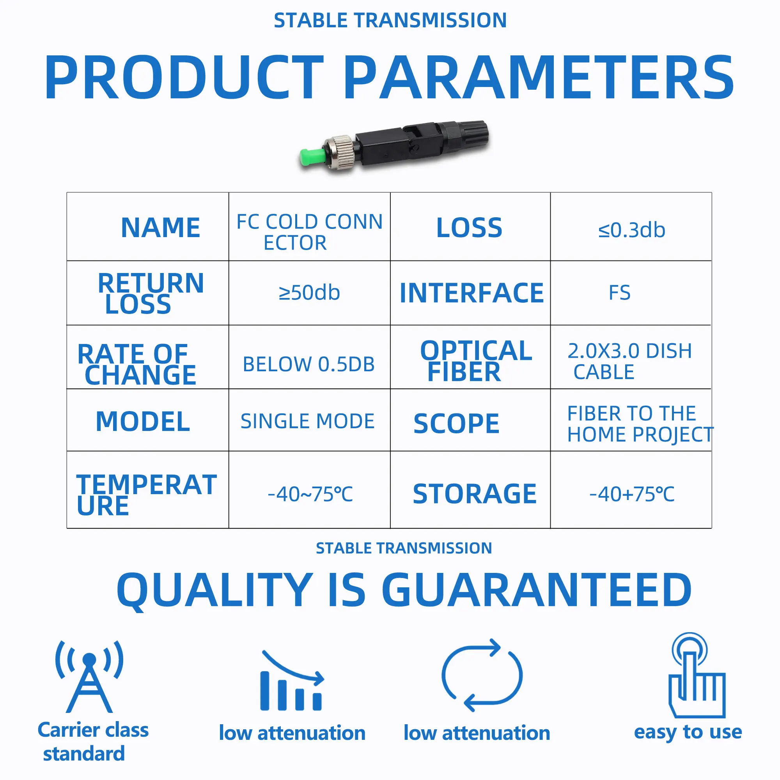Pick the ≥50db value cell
[x=309, y=293]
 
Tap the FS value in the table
[x=619, y=293]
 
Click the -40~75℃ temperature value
[x=310, y=494]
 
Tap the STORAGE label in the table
[x=475, y=494]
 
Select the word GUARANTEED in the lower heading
[x=537, y=590]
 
